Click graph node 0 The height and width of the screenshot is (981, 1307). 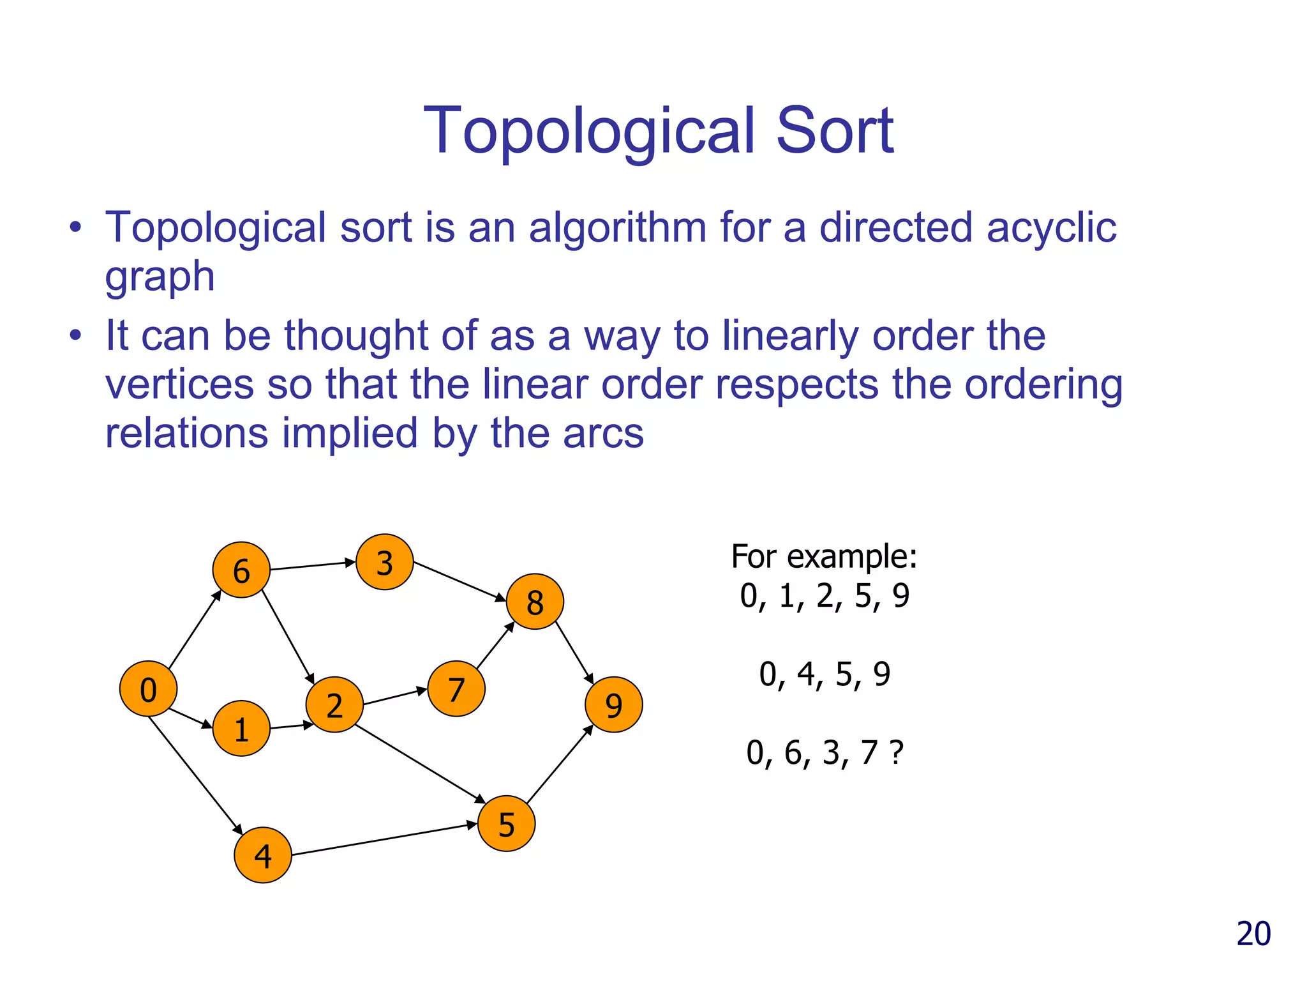[148, 688]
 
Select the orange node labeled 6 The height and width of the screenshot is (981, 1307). [241, 570]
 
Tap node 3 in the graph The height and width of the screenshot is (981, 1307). [384, 562]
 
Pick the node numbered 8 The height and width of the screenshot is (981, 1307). [535, 602]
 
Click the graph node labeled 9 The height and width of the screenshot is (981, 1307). [613, 704]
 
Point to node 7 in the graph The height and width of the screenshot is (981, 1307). [456, 688]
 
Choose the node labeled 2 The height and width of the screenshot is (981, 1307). [334, 704]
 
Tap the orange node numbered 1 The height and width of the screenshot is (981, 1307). [241, 728]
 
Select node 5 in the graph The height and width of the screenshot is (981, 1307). [506, 823]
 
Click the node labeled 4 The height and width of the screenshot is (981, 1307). [263, 855]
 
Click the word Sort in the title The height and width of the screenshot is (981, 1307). [834, 131]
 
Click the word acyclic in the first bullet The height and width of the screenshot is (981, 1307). [1051, 227]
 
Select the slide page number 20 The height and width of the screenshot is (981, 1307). [1253, 934]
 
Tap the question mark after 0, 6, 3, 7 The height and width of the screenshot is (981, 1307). [896, 752]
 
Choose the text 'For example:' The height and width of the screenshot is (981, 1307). [824, 556]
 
